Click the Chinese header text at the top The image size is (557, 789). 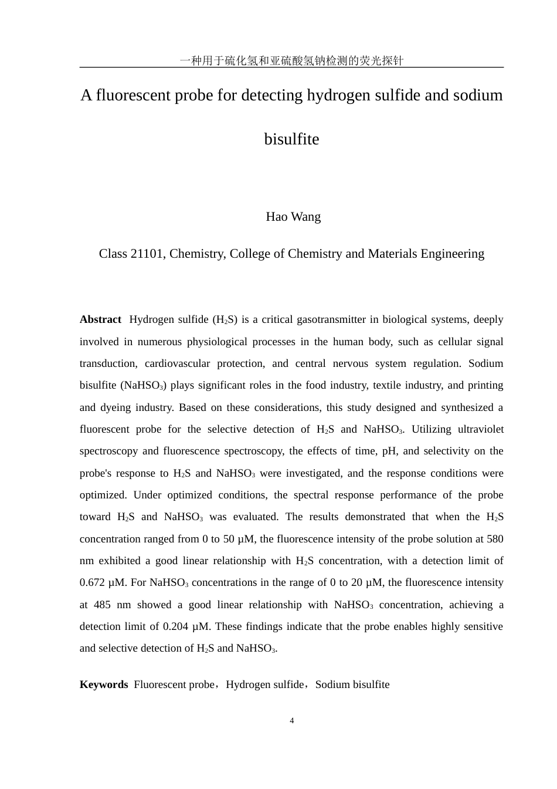(291, 60)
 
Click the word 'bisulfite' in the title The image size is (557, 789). (291, 139)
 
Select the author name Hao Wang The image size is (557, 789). (293, 217)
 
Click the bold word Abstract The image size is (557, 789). (100, 319)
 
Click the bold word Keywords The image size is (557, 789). (104, 685)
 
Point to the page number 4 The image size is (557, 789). (292, 721)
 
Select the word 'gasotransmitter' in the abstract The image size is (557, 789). (331, 319)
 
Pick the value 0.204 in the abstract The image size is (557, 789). (175, 626)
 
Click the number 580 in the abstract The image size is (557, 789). (495, 539)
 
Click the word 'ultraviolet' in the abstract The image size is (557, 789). (481, 429)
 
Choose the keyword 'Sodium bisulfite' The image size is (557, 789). (352, 685)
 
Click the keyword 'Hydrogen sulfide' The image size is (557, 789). (265, 685)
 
